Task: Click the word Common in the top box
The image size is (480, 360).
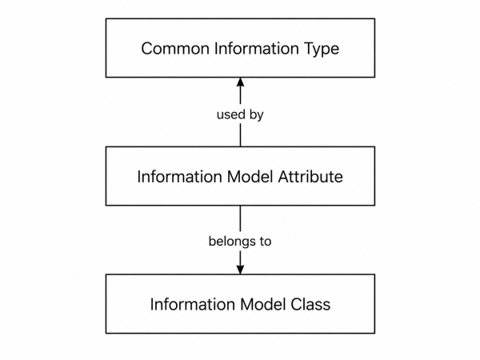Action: [x=175, y=48]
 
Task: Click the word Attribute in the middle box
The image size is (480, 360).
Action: [x=310, y=177]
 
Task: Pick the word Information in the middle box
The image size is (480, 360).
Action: [x=179, y=177]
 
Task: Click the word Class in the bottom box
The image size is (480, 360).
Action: [x=310, y=304]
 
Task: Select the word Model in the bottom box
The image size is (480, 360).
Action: [x=262, y=304]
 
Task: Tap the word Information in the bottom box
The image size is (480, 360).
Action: [x=192, y=304]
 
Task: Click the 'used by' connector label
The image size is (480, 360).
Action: [x=240, y=115]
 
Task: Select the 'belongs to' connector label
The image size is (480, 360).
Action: [x=240, y=242]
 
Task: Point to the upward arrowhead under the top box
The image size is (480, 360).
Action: [x=240, y=82]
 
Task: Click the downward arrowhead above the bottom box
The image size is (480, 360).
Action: [x=240, y=270]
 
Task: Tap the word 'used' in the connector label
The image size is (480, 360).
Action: [x=231, y=114]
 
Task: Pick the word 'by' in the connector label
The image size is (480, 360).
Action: [x=257, y=115]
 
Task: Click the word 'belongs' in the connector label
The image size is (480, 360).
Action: [x=232, y=242]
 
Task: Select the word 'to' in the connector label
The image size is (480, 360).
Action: [x=266, y=242]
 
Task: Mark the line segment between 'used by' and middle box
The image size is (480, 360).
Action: [x=240, y=135]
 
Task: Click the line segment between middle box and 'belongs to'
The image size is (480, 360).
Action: [x=240, y=218]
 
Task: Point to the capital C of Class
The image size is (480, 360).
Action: [x=295, y=304]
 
